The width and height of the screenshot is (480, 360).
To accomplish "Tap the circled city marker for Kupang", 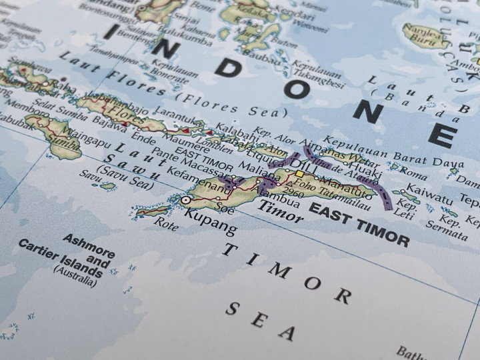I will [186, 199].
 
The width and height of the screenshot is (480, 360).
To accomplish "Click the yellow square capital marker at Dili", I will [299, 173].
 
